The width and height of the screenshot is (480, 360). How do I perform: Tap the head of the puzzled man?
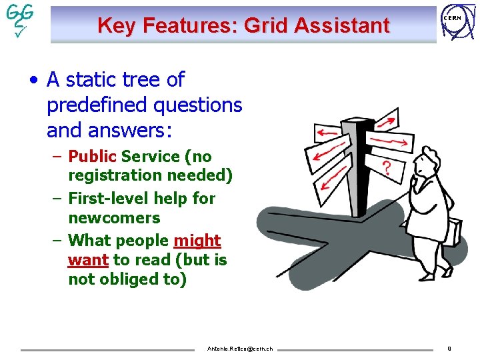tap(425, 161)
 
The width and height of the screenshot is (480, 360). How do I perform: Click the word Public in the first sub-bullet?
tap(93, 157)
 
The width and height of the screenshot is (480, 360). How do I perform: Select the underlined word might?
tap(197, 240)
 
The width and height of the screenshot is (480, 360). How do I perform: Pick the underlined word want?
tap(88, 260)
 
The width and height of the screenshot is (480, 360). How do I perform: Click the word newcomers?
tap(114, 218)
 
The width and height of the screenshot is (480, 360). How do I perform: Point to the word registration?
tap(115, 176)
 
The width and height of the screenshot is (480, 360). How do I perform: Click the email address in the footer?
tap(239, 349)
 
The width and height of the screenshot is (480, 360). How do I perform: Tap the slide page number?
tap(449, 348)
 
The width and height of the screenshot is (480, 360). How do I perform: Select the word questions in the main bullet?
tap(197, 105)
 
